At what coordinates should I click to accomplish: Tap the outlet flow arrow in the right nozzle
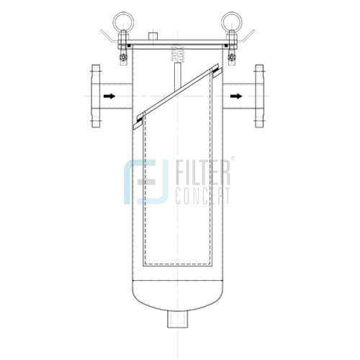pyautogui.click(x=235, y=95)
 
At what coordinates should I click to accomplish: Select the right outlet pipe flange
pyautogui.click(x=258, y=95)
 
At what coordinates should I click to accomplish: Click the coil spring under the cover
pyautogui.click(x=175, y=53)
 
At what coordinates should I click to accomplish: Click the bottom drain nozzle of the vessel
pyautogui.click(x=176, y=317)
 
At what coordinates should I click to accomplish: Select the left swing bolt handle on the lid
pyautogui.click(x=107, y=35)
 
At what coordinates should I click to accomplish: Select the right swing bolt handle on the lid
pyautogui.click(x=246, y=35)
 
